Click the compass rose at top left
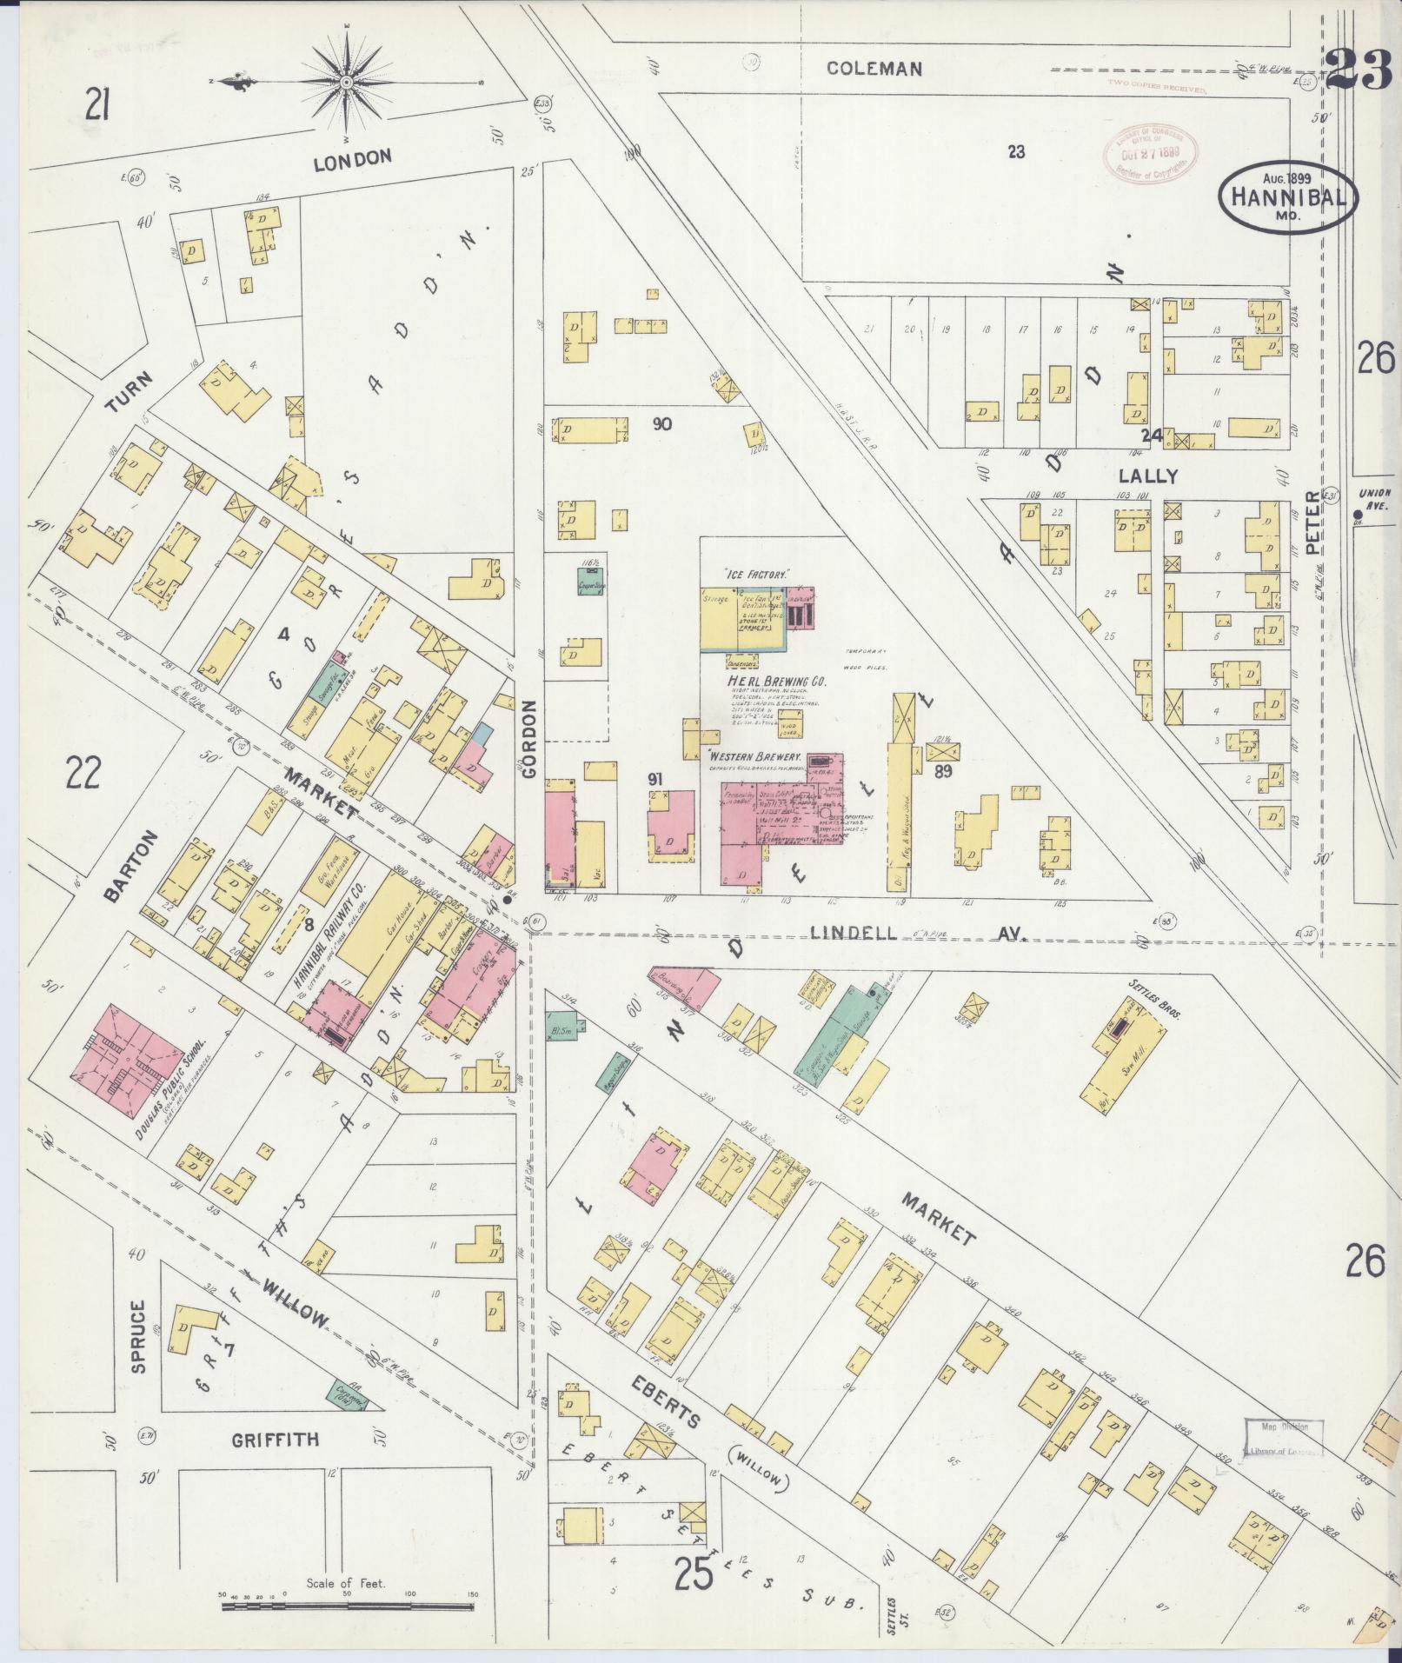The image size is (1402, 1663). (x=347, y=82)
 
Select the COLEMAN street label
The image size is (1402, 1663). (x=874, y=69)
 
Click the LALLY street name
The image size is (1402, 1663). (x=1148, y=476)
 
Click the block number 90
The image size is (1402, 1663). (x=663, y=424)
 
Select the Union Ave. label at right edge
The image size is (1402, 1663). (x=1374, y=498)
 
